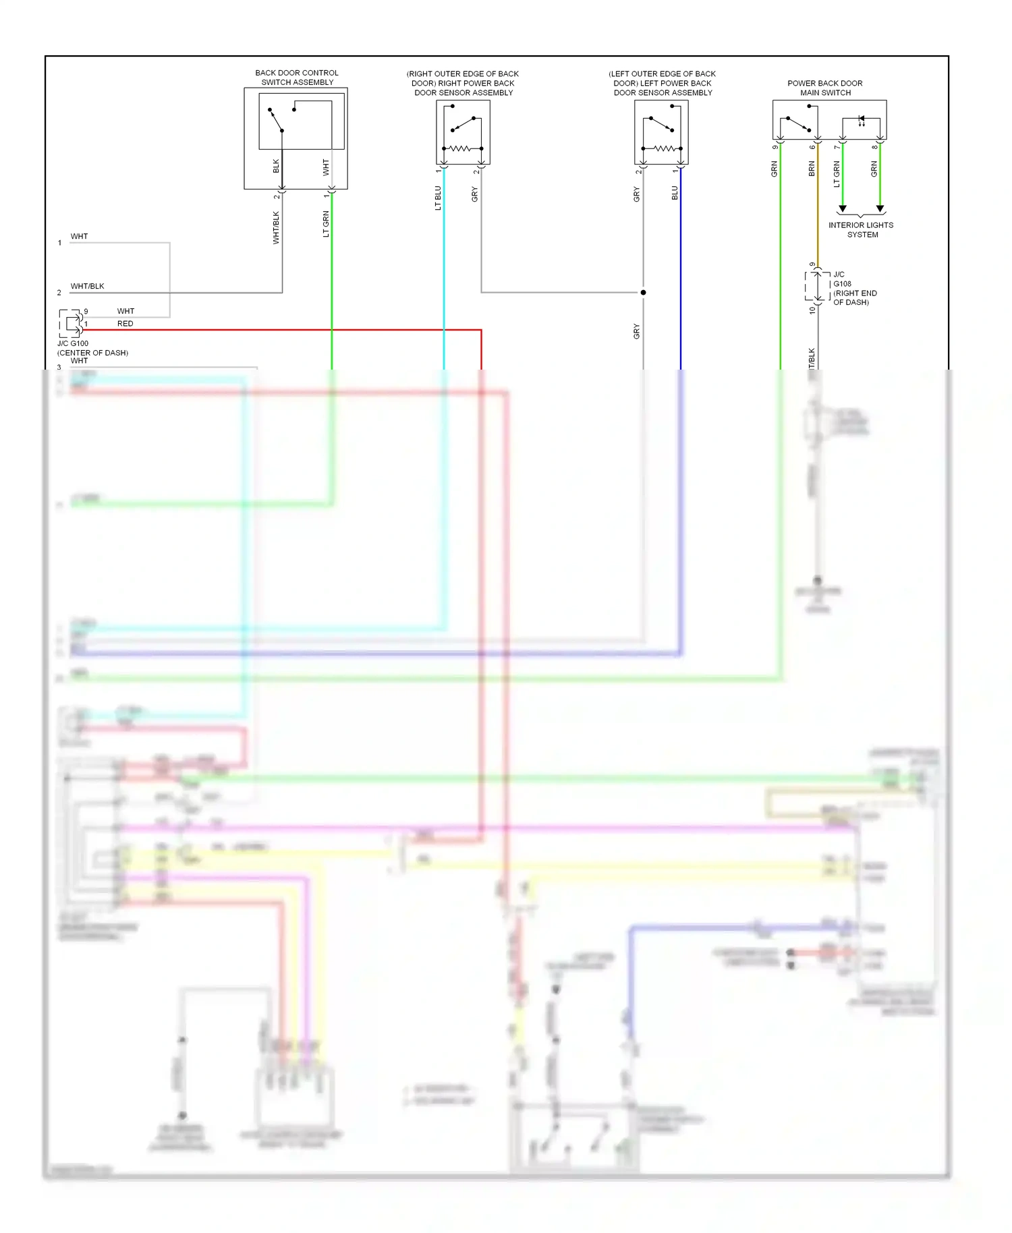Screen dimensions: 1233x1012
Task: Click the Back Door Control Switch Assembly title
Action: (297, 78)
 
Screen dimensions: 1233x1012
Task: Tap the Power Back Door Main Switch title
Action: (825, 88)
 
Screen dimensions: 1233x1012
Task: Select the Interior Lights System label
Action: (861, 230)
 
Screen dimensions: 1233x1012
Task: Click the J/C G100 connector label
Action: (73, 343)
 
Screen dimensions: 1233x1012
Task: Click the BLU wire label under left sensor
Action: (675, 193)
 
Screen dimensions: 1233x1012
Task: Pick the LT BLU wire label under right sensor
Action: (438, 198)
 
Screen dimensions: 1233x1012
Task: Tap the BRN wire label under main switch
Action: (812, 169)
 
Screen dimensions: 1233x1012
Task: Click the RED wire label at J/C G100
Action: (125, 324)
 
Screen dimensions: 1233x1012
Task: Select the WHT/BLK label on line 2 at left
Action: (88, 286)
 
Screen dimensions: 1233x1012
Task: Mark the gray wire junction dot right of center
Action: (643, 292)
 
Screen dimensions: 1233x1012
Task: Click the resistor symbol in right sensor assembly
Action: (462, 148)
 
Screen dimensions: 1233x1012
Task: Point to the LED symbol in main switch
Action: (862, 121)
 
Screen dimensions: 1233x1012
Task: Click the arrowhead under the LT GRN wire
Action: (843, 208)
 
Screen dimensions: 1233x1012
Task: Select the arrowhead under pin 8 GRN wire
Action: (880, 208)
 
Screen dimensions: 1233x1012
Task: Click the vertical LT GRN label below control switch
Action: (326, 224)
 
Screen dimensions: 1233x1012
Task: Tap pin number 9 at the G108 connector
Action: (812, 264)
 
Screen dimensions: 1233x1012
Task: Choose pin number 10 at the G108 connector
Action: (812, 310)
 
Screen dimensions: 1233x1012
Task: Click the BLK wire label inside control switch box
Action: (276, 165)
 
